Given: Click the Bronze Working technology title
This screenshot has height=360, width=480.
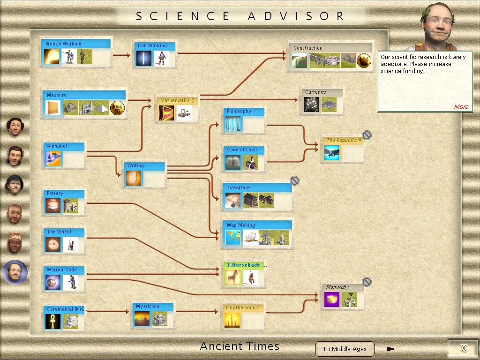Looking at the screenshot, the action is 63,44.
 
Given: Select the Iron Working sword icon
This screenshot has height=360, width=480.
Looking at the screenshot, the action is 144,58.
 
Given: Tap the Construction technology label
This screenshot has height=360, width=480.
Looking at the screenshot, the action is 307,48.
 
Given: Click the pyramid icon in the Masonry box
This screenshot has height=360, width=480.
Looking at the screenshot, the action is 102,108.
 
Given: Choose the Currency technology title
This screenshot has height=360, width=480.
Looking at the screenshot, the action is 315,92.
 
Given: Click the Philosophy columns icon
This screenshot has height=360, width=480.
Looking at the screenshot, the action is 233,124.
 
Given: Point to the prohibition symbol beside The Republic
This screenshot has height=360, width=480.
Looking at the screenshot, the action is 367,135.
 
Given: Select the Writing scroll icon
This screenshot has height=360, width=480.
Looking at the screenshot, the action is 134,178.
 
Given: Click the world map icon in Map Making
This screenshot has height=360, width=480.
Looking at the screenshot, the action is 233,238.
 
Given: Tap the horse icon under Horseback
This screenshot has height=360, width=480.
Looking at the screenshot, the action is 232,277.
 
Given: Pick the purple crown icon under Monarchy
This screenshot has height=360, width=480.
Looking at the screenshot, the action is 332,300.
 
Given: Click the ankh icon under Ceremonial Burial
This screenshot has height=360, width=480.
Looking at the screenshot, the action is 53,322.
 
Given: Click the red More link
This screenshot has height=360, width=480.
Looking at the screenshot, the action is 461,106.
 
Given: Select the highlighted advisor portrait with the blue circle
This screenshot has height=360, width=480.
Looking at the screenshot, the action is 15,271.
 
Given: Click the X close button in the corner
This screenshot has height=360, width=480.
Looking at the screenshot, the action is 464,348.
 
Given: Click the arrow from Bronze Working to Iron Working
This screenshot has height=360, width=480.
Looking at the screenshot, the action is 121,55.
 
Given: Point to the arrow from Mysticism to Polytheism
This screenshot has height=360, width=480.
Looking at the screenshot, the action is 197,312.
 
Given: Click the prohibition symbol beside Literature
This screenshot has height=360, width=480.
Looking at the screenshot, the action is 294,180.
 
